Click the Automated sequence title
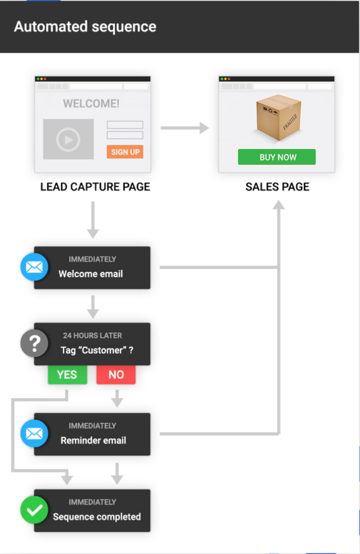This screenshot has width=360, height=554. (85, 27)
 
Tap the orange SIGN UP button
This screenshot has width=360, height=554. (125, 152)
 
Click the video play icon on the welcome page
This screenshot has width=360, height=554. (68, 140)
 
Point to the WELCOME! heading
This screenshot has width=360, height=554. (91, 103)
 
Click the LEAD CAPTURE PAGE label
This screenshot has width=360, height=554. (95, 187)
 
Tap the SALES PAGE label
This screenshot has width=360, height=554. (277, 187)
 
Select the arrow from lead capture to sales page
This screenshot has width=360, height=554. (185, 128)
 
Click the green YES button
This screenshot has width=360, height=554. (67, 375)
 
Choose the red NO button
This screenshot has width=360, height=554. (116, 375)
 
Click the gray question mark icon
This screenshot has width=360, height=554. (34, 343)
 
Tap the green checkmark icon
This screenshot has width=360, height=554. (34, 510)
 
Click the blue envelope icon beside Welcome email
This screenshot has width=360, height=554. (34, 267)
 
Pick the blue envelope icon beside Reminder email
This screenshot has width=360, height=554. (34, 433)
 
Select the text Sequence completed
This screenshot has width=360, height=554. (97, 517)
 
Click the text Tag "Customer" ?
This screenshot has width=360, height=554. (97, 350)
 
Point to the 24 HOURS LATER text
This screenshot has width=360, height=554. (93, 335)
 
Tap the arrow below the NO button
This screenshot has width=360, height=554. (116, 399)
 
